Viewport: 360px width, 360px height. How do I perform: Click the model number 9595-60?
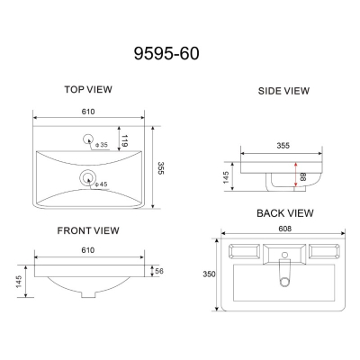point(166,54)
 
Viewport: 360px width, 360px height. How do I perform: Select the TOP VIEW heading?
point(88,89)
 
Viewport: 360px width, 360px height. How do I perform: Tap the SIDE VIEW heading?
point(283,91)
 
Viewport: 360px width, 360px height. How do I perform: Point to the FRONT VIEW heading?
point(88,230)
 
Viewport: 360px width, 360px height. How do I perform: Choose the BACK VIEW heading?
point(285,213)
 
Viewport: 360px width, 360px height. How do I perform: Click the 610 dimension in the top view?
point(88,112)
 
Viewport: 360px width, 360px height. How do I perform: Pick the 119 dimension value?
point(125,141)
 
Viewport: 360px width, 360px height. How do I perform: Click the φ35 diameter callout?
point(102,145)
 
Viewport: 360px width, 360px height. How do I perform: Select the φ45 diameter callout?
point(101,184)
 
